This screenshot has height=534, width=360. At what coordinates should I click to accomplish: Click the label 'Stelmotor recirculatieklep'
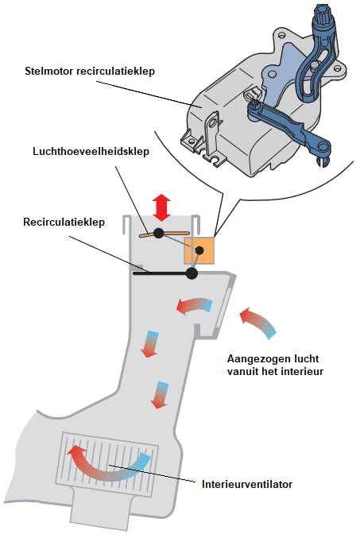[90, 72]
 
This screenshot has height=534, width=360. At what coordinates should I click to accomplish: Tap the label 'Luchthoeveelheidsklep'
[91, 151]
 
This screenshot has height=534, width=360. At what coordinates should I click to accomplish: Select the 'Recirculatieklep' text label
[64, 222]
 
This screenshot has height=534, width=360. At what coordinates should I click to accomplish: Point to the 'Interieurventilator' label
[247, 484]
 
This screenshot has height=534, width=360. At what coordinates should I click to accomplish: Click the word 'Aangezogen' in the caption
[258, 359]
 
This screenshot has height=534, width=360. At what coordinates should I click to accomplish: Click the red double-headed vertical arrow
[161, 207]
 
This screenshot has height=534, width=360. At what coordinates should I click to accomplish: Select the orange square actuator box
[199, 250]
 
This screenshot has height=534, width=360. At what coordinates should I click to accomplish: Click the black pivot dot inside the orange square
[199, 250]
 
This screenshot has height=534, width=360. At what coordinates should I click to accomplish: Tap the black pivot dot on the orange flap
[159, 234]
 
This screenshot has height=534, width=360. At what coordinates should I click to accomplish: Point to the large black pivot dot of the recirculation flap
[192, 273]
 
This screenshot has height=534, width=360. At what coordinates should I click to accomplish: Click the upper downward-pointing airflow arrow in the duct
[150, 343]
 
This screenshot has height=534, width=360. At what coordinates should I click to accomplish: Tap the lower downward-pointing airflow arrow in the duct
[160, 394]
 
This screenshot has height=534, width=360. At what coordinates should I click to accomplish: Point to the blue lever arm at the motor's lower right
[288, 130]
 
